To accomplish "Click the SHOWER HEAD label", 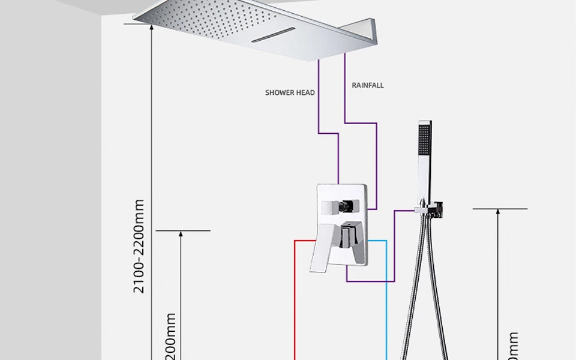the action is (290, 92).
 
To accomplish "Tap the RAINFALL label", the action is (368, 85).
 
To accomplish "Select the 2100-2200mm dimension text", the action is (139, 247).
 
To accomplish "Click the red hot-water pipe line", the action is (295, 300).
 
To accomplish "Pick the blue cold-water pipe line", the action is (386, 300).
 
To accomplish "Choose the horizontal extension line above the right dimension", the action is (500, 209).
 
